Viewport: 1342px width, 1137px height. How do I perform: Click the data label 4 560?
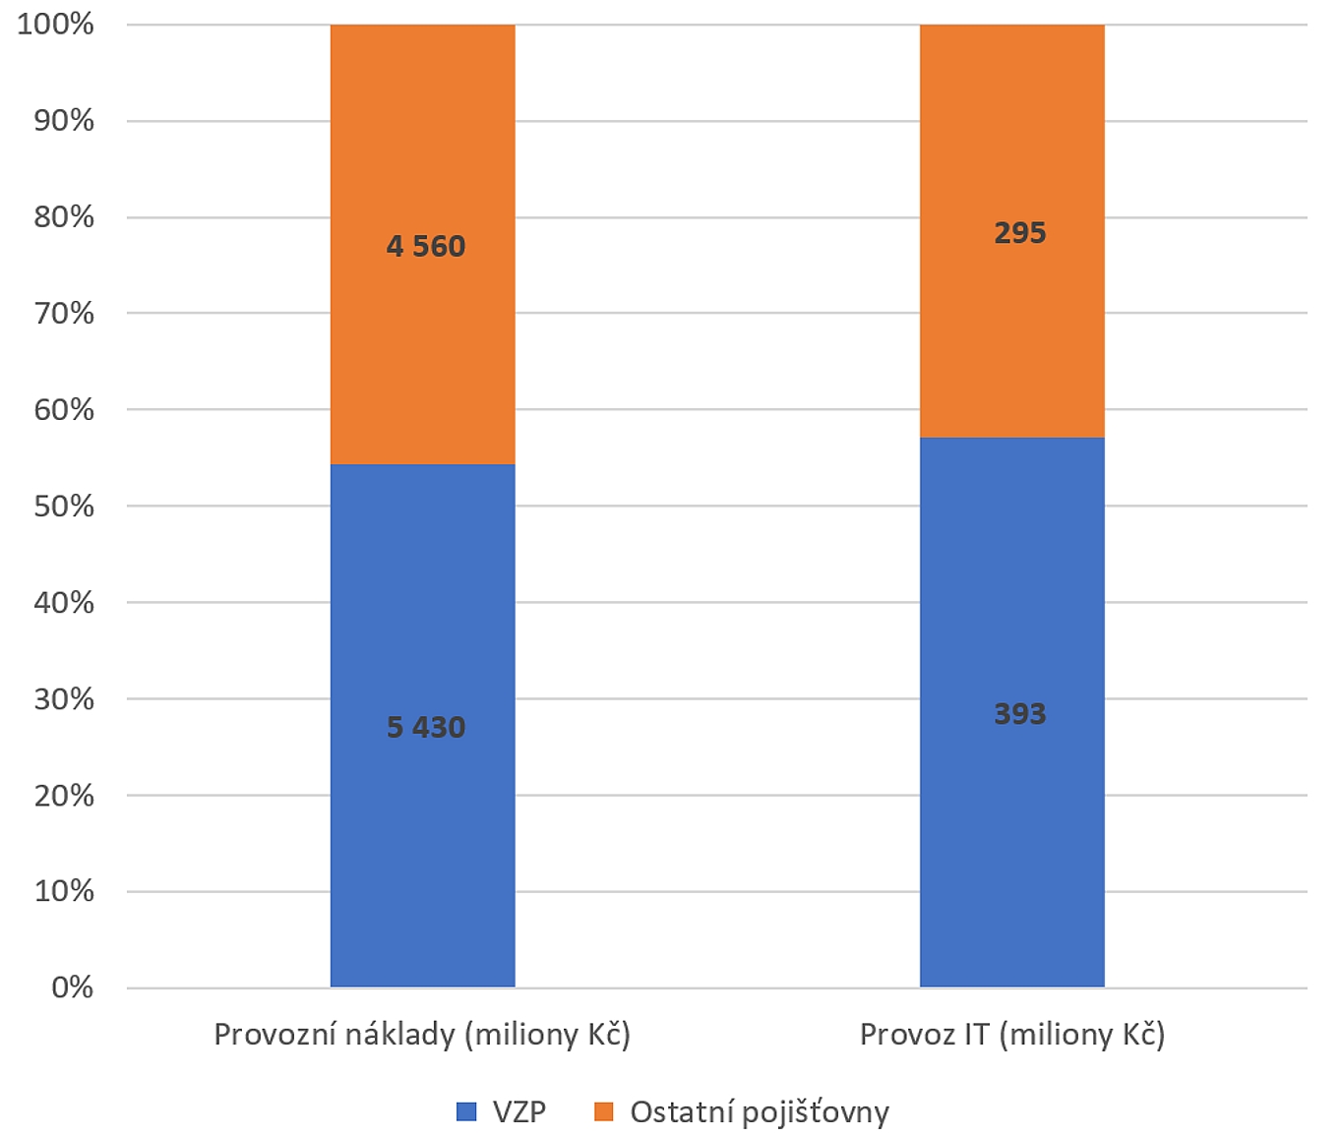(425, 246)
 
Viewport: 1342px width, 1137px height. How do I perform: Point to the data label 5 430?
(425, 727)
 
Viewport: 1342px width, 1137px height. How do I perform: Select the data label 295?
(1019, 233)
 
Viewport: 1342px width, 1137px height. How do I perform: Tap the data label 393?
(1019, 713)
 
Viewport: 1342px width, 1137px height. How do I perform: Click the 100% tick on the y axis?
(56, 24)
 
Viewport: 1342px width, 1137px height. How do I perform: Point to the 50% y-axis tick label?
(64, 507)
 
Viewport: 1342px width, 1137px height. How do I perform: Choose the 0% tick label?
(72, 987)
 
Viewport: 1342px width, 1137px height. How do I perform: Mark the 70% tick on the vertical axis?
(64, 314)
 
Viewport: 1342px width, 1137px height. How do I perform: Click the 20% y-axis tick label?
(64, 795)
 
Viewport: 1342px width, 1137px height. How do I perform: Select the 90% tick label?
(64, 120)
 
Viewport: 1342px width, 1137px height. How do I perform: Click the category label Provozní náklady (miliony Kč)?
(422, 1035)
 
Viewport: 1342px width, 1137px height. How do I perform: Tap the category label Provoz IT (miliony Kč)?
(1012, 1035)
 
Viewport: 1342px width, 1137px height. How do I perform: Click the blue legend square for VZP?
(466, 1112)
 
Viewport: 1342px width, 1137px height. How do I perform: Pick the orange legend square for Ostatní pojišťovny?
(604, 1112)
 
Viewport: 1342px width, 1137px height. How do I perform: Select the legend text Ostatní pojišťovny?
(760, 1112)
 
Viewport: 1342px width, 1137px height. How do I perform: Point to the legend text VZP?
(518, 1112)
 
